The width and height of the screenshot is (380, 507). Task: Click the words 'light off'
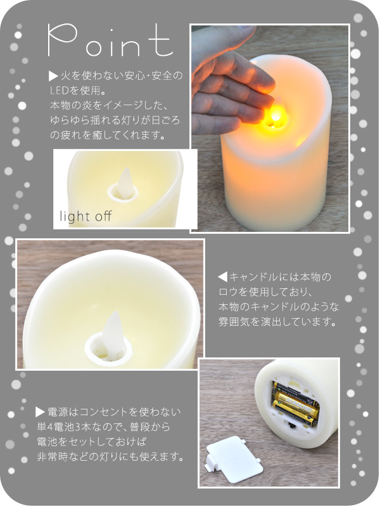coord(86,216)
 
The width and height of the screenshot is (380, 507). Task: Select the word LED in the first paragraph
coord(60,91)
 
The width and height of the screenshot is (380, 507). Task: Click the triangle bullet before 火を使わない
coord(53,76)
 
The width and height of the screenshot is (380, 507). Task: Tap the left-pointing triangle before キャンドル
coord(222,277)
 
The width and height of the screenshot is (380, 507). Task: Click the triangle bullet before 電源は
coord(40,412)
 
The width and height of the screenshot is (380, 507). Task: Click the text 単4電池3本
coord(65,427)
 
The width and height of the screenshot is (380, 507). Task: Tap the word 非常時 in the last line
coord(53,457)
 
